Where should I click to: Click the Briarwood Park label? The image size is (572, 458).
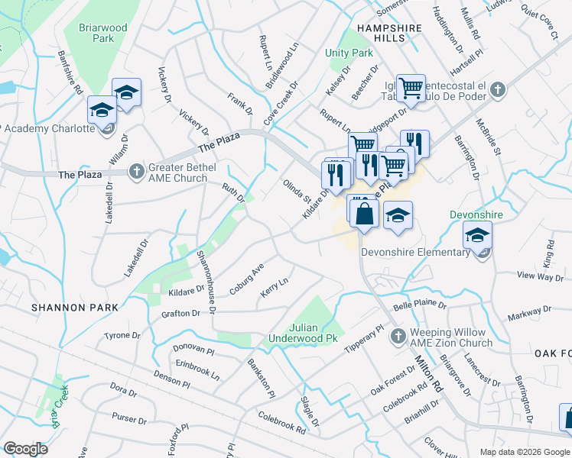pos(102,33)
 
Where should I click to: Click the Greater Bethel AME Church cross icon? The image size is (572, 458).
pos(136,169)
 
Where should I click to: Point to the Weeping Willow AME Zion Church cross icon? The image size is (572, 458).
pos(398,336)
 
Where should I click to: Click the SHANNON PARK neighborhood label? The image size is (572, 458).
pos(75,308)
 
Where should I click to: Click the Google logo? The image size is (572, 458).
pos(25,449)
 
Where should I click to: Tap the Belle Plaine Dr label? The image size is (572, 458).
pos(419,306)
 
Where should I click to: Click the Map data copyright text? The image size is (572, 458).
pos(524,451)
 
